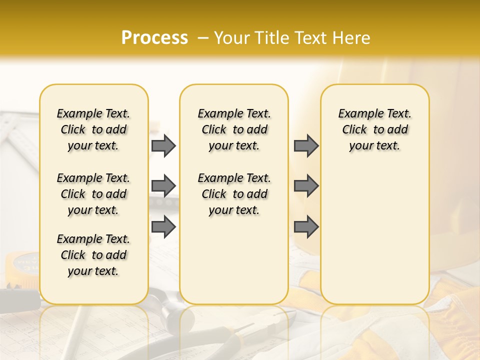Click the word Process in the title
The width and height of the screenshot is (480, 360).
154,37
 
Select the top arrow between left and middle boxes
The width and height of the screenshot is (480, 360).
163,145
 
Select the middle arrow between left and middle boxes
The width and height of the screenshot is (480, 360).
163,186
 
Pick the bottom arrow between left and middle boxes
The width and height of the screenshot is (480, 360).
163,226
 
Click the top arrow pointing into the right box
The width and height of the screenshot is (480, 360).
306,145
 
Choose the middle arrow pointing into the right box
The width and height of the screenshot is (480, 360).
306,186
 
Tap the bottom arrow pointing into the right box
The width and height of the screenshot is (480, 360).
306,226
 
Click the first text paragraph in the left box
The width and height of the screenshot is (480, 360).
93,129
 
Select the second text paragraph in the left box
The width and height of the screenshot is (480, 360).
93,194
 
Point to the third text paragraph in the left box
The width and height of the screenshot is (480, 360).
93,255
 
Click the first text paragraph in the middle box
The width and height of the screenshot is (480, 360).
234,129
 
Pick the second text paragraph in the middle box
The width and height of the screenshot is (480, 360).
234,194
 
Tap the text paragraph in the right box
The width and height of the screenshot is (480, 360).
374,129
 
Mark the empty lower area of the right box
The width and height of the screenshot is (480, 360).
374,235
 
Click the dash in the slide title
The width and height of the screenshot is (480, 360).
203,38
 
